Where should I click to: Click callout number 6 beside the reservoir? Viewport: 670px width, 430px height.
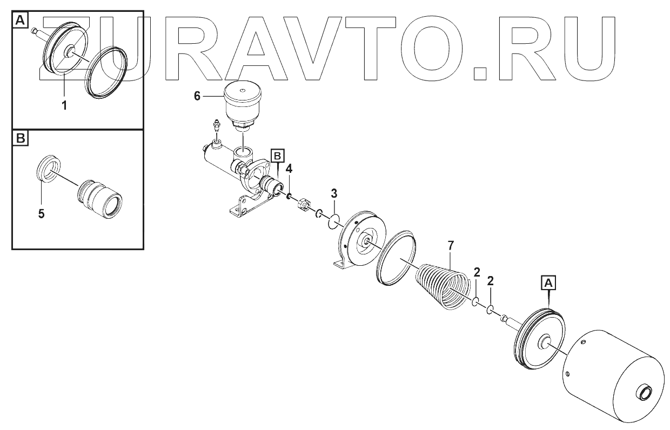(197, 96)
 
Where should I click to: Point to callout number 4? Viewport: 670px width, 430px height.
(290, 169)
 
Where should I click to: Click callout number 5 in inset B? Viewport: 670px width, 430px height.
(41, 213)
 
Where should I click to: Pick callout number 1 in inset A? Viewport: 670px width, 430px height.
(64, 105)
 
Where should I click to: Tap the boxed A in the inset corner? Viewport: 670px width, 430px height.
(20, 21)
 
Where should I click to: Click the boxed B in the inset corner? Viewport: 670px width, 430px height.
(20, 139)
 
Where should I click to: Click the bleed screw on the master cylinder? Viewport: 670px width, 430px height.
(216, 127)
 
